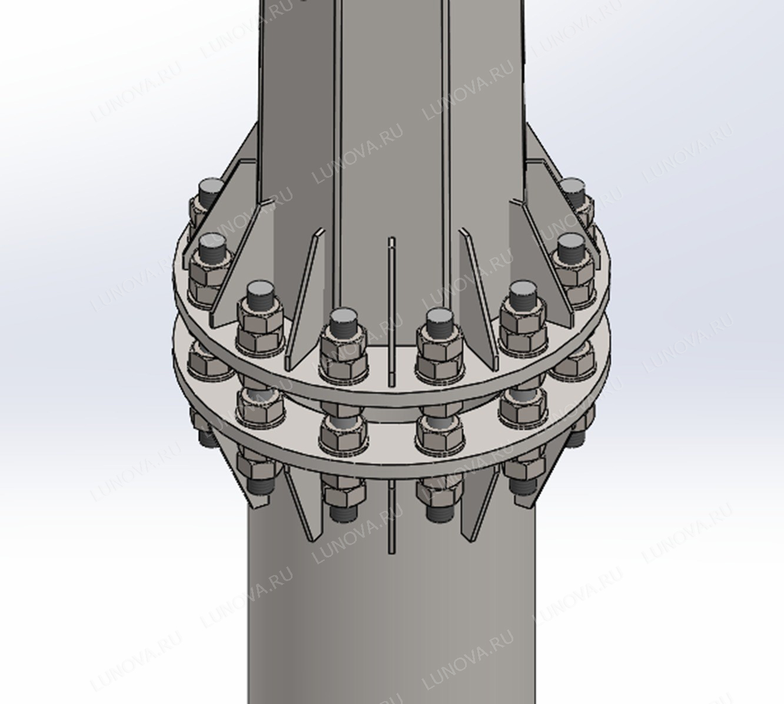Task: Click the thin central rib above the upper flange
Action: click(x=392, y=311)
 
